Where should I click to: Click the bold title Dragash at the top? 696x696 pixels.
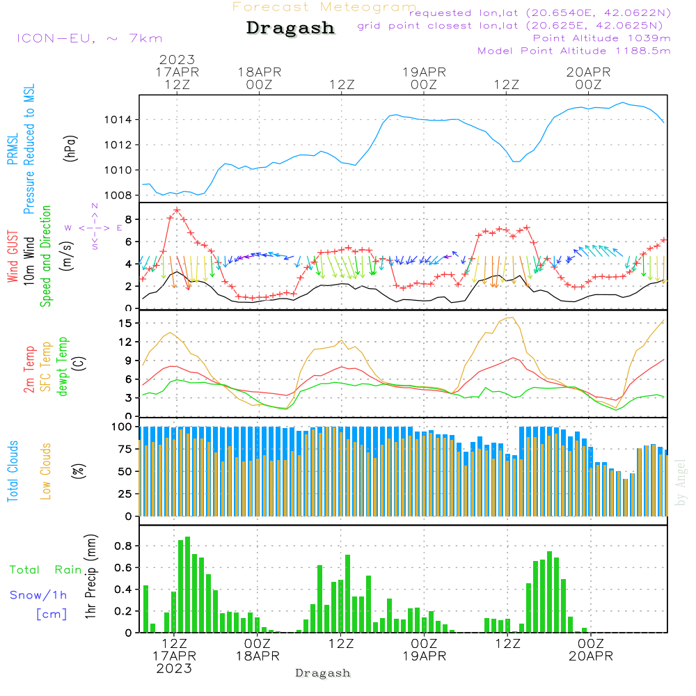tap(290, 29)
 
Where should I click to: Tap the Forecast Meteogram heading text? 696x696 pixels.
tap(324, 7)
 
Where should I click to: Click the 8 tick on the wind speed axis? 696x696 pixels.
tap(128, 219)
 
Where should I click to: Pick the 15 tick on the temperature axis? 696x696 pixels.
tap(125, 323)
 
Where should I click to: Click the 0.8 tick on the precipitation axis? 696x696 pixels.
tap(124, 546)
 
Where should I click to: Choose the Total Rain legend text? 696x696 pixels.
tap(45, 570)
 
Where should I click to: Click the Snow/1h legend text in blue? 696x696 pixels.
tap(38, 595)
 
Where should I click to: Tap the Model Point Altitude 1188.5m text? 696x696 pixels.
tap(574, 51)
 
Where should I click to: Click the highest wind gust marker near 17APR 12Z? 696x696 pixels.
tap(177, 209)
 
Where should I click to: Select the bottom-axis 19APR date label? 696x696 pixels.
tap(424, 656)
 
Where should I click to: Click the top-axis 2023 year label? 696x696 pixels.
tap(177, 60)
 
